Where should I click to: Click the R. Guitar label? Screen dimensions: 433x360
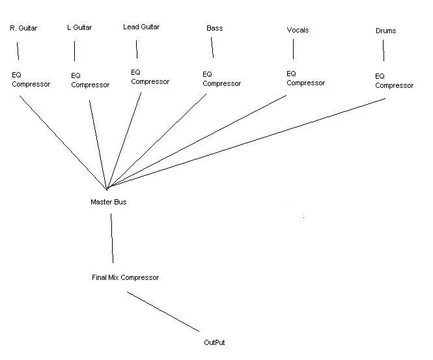coord(23,28)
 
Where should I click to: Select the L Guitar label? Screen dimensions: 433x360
coord(79,27)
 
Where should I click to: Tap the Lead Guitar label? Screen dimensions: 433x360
coord(141,27)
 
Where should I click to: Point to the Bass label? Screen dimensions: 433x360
coord(215,28)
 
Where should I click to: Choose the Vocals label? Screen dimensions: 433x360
coord(298,30)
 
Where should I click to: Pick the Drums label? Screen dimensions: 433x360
coord(385,31)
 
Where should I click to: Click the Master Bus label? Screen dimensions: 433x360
coord(109,202)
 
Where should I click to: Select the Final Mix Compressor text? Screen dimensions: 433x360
coord(126,277)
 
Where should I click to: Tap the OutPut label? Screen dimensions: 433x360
coord(214,342)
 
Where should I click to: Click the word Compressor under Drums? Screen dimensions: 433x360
coord(395,85)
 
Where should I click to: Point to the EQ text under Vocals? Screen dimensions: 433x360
coord(291,74)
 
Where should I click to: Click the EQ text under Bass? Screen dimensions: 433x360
coord(208,74)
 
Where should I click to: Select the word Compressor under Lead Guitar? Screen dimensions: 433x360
coord(150,82)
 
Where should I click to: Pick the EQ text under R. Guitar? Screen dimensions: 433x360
coord(16,75)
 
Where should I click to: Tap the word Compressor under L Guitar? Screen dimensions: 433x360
coord(91,85)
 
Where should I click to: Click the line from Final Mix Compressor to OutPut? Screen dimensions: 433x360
coord(163,312)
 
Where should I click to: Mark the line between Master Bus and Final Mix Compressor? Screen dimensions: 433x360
coord(112,238)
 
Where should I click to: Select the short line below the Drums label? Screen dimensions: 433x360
coord(384,51)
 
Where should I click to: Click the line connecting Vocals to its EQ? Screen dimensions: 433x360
coord(293,49)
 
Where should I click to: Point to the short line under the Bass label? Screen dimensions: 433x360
coord(212,48)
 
